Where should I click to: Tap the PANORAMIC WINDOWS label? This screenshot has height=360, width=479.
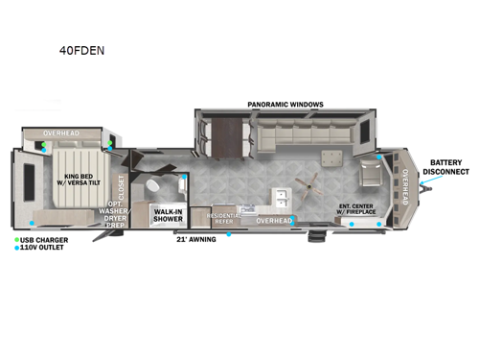point(285,104)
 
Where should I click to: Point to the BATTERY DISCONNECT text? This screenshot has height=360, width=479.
point(448,168)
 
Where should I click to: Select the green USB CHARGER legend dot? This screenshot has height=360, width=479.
point(17,239)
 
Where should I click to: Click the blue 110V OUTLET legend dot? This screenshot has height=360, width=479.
point(17,248)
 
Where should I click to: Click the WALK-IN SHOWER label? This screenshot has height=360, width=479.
point(169,216)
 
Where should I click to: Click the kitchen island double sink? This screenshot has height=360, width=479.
point(283,199)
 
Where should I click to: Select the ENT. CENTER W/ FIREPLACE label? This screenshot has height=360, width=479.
point(356,208)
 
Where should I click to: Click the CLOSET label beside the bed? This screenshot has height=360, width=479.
point(121,184)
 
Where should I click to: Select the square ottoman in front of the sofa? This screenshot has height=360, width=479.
point(333,156)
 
